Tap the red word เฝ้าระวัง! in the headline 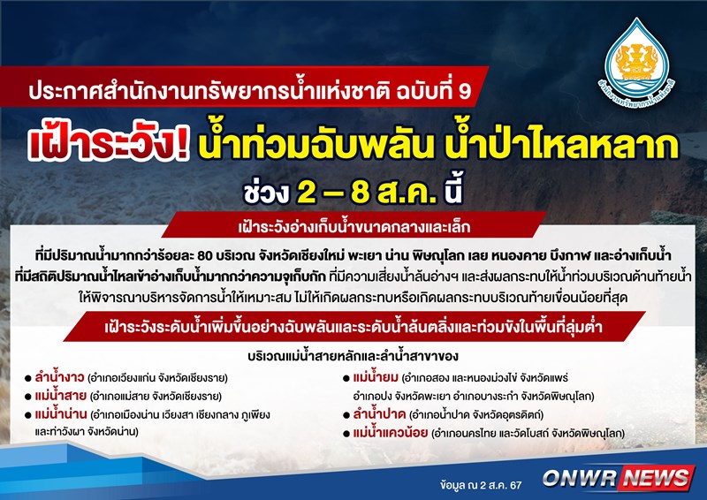[x=108, y=146]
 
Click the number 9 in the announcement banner [x=465, y=91]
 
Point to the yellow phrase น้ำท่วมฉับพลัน [x=314, y=145]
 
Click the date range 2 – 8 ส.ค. [x=367, y=193]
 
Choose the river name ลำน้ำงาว [x=59, y=376]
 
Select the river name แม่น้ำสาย [x=60, y=396]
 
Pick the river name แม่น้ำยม [x=376, y=376]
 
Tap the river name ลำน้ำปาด [x=380, y=414]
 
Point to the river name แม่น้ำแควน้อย [x=391, y=433]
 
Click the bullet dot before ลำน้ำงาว [x=28, y=378]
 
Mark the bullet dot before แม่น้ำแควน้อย [x=346, y=434]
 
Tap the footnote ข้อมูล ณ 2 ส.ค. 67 [x=481, y=485]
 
